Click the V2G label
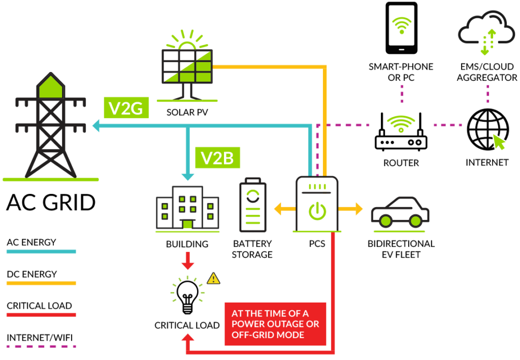pyautogui.click(x=126, y=108)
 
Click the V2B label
pyautogui.click(x=217, y=158)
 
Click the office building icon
pyautogui.click(x=187, y=208)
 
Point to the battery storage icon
pyautogui.click(x=253, y=206)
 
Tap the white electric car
pyautogui.click(x=400, y=212)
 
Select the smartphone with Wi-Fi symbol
pyautogui.click(x=401, y=26)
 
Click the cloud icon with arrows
pyautogui.click(x=486, y=31)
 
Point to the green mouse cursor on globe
pyautogui.click(x=499, y=142)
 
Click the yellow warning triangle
pyautogui.click(x=213, y=278)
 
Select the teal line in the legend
pyautogui.click(x=41, y=251)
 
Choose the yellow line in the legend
pyautogui.click(x=41, y=283)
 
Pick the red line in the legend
pyautogui.click(x=41, y=315)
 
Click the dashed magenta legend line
pyautogui.click(x=41, y=346)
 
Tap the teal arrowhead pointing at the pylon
pyautogui.click(x=95, y=125)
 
